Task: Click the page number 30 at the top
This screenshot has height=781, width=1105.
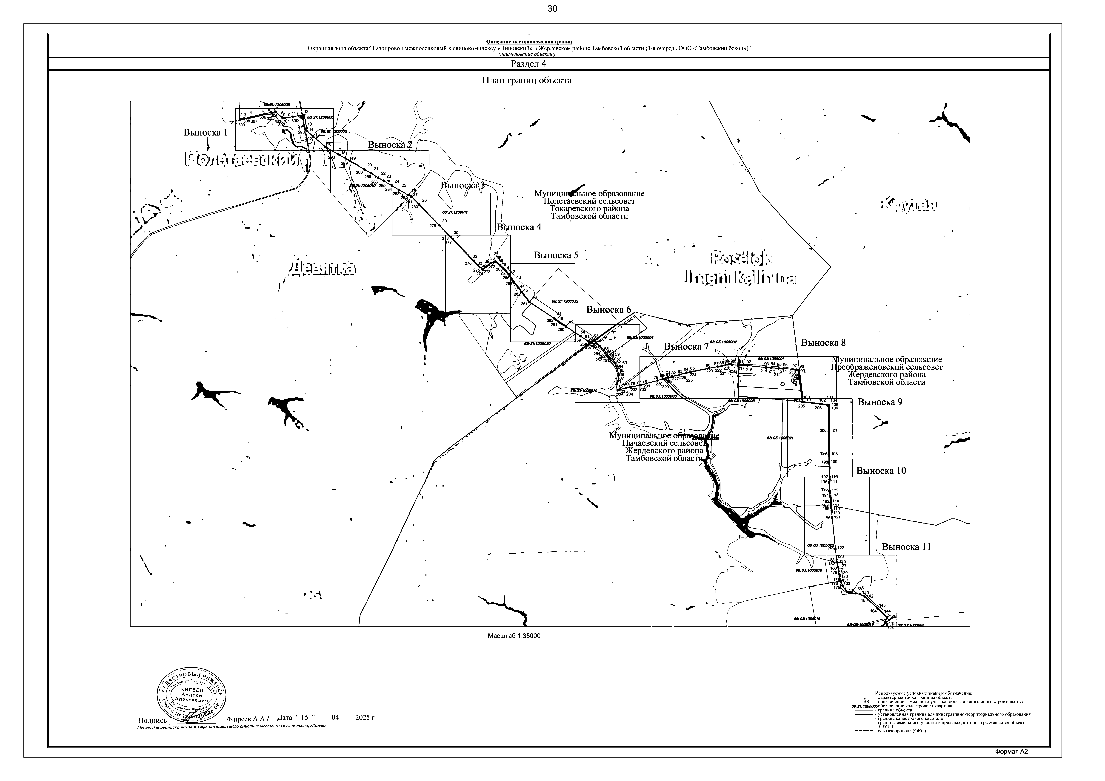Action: pyautogui.click(x=552, y=9)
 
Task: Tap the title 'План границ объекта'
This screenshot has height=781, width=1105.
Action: pyautogui.click(x=527, y=80)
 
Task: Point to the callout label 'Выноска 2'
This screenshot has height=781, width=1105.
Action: pyautogui.click(x=390, y=144)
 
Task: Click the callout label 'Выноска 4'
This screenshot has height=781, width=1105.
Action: pyautogui.click(x=519, y=227)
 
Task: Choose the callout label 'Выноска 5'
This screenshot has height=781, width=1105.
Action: pyautogui.click(x=556, y=255)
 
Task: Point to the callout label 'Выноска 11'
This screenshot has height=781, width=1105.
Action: pyautogui.click(x=906, y=547)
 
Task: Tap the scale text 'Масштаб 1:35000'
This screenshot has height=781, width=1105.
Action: pyautogui.click(x=514, y=636)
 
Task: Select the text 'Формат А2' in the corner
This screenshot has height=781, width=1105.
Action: pyautogui.click(x=1011, y=765)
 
